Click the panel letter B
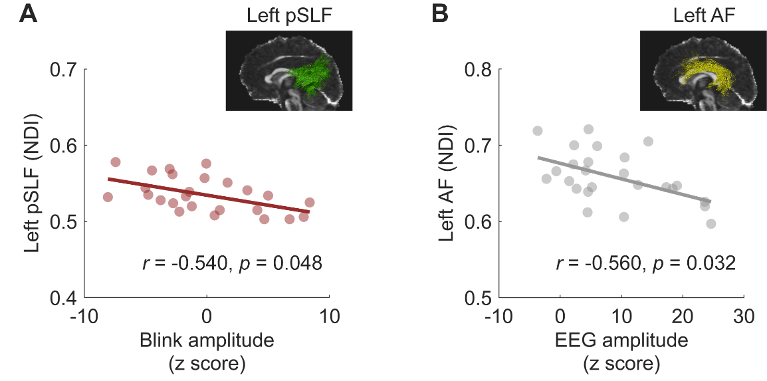click(439, 15)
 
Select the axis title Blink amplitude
click(207, 341)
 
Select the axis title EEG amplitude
click(621, 341)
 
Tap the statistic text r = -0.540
click(181, 264)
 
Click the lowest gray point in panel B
click(711, 223)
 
